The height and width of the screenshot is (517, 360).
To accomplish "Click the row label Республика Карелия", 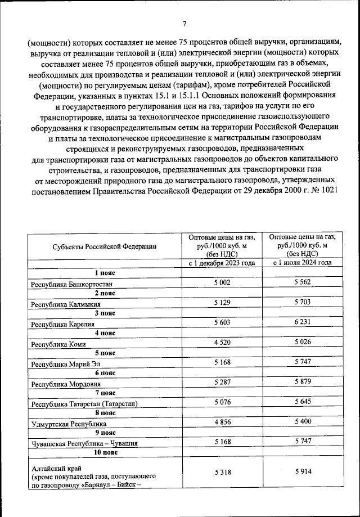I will (63, 324).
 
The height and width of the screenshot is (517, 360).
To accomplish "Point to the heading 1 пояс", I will (105, 272).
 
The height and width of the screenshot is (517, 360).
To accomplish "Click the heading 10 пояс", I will (105, 452).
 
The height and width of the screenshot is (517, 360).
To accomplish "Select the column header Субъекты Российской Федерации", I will (105, 246).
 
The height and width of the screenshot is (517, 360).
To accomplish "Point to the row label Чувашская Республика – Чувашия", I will (85, 443).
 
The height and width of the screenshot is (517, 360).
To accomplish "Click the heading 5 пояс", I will (105, 353).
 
